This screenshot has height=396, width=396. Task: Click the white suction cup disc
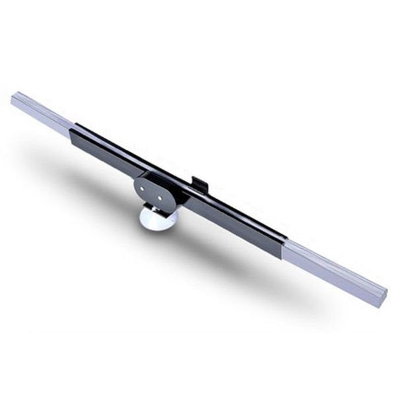click(x=158, y=217)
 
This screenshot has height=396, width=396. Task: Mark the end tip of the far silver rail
click(x=15, y=100)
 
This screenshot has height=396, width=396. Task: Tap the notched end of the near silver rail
click(x=381, y=296)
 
